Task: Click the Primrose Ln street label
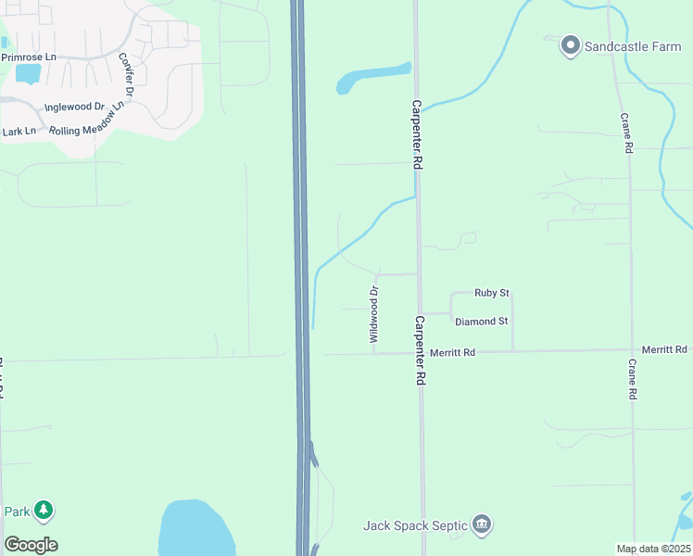coord(29,57)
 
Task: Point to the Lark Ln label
coord(19,132)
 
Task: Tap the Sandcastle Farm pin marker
coord(571,44)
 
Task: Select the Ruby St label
coord(492,293)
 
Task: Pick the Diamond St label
coord(482,322)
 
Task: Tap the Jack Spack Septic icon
coord(481,525)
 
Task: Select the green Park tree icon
coord(44,510)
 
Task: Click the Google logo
coord(31,545)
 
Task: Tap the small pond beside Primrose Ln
coord(28,73)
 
